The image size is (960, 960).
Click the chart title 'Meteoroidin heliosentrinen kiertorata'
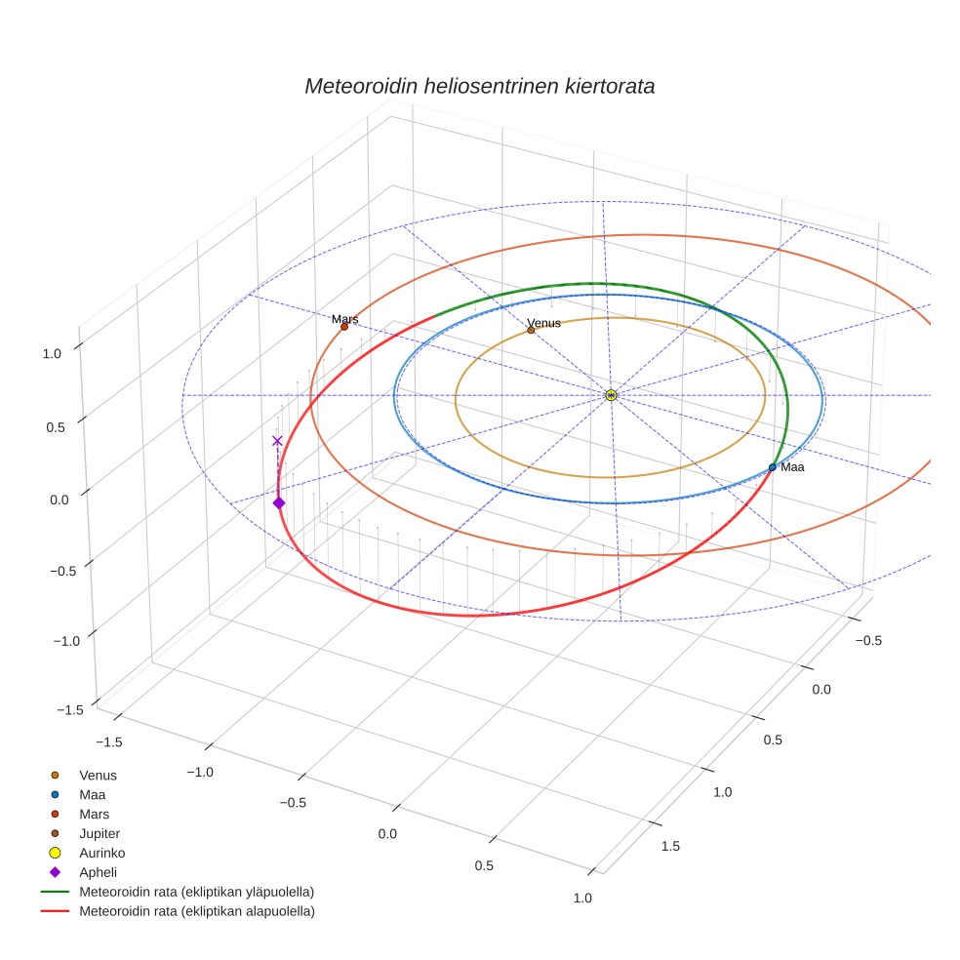pos(479,86)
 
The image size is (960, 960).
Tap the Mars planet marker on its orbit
pos(344,326)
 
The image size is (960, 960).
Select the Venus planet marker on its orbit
pos(531,330)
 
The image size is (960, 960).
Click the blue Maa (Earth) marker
pos(772,467)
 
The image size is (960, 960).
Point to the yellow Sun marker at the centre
pos(611,395)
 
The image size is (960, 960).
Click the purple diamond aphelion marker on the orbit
pos(279,502)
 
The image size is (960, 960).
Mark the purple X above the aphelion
pos(277,441)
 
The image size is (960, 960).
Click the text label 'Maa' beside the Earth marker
pos(792,468)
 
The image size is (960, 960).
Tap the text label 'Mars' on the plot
pos(344,319)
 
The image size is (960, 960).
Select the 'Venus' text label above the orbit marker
pos(543,323)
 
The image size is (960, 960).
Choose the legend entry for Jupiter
pos(100,833)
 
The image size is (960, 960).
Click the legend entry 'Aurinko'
pos(101,853)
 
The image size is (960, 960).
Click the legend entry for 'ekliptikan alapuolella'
pos(196,911)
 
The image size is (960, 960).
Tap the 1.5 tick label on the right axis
pos(671,846)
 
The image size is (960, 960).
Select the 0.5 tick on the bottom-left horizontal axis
pos(484,866)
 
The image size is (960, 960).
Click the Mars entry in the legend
pos(94,814)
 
